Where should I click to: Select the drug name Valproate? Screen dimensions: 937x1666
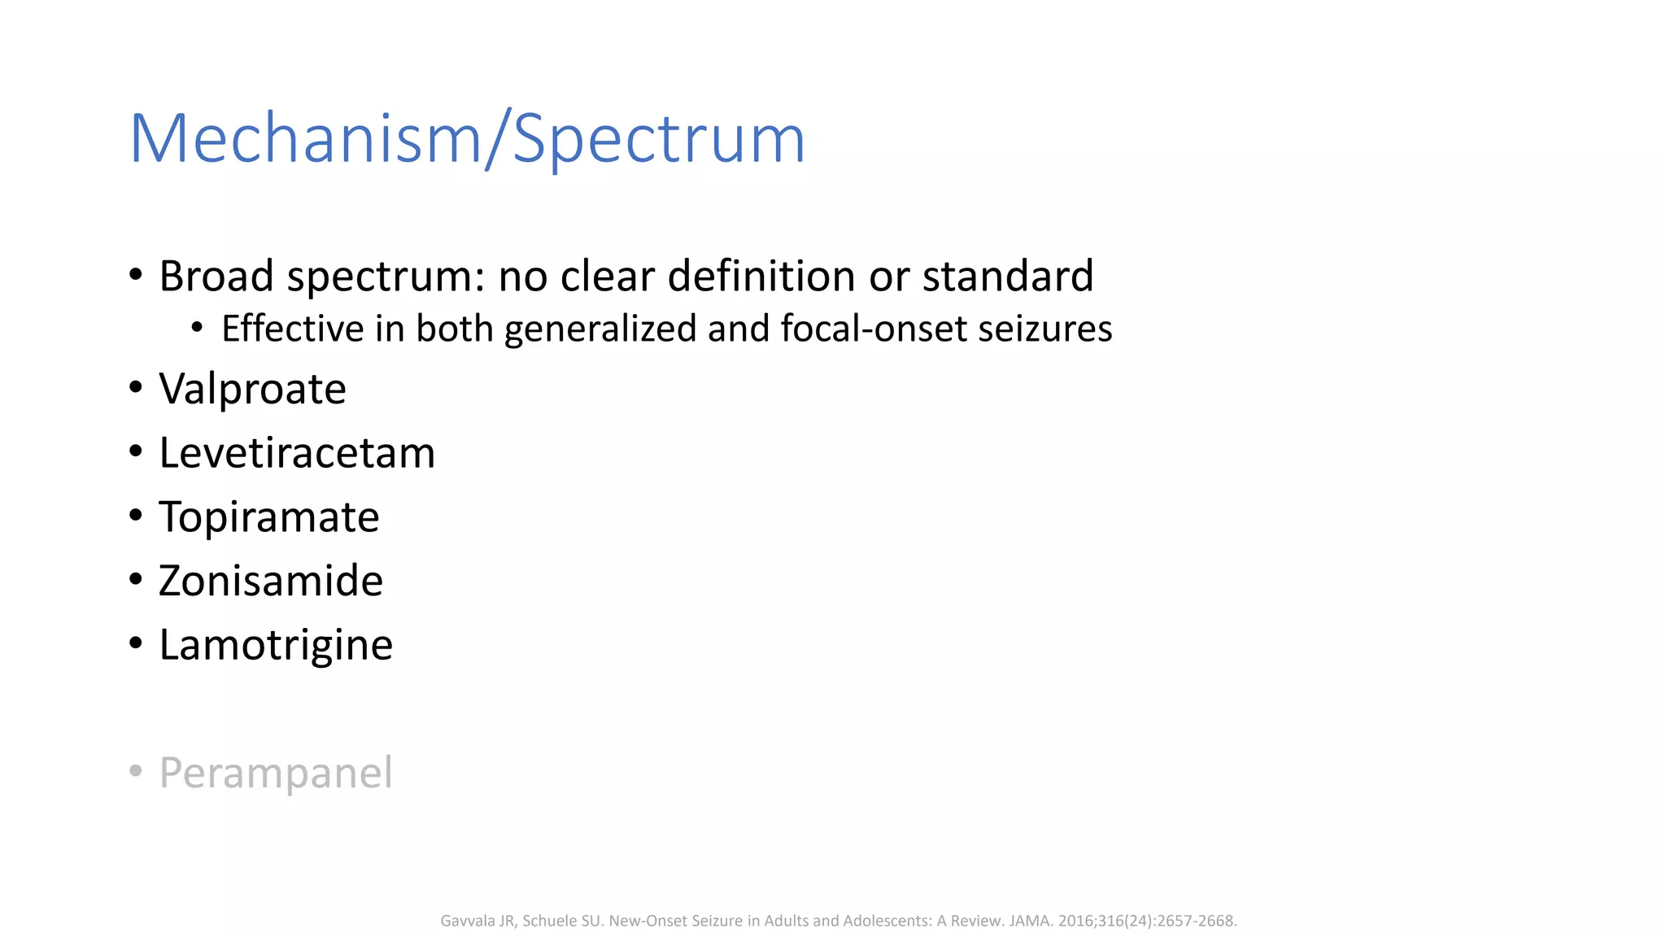point(252,389)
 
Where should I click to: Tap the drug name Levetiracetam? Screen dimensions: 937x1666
point(297,453)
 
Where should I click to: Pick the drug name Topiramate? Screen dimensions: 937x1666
point(268,517)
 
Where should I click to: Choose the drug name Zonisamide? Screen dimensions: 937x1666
point(271,581)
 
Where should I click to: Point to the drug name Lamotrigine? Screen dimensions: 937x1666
point(276,645)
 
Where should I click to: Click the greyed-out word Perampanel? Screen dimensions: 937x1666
point(276,773)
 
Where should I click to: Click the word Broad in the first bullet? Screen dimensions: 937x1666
point(216,276)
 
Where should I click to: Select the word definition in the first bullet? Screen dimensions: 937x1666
point(762,276)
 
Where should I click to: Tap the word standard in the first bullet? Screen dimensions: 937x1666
point(1008,276)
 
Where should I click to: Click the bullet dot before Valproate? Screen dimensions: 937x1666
point(136,388)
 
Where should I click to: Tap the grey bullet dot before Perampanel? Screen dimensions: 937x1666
point(136,770)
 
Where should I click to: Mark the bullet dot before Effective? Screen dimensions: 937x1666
point(197,328)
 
